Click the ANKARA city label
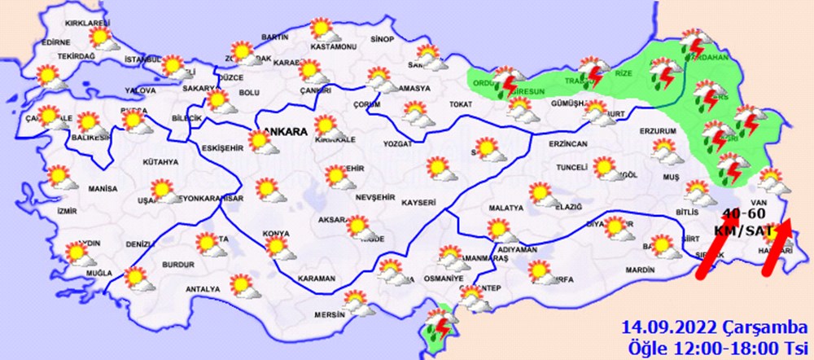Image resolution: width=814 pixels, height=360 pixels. click(285, 131)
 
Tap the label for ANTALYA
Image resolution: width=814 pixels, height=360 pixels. click(203, 289)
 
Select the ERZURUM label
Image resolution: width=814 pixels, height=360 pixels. click(658, 130)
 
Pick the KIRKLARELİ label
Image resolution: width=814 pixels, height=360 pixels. click(65, 24)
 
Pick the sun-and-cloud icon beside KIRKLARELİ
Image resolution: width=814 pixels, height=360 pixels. click(102, 37)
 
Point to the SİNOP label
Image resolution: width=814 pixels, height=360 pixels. click(382, 39)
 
